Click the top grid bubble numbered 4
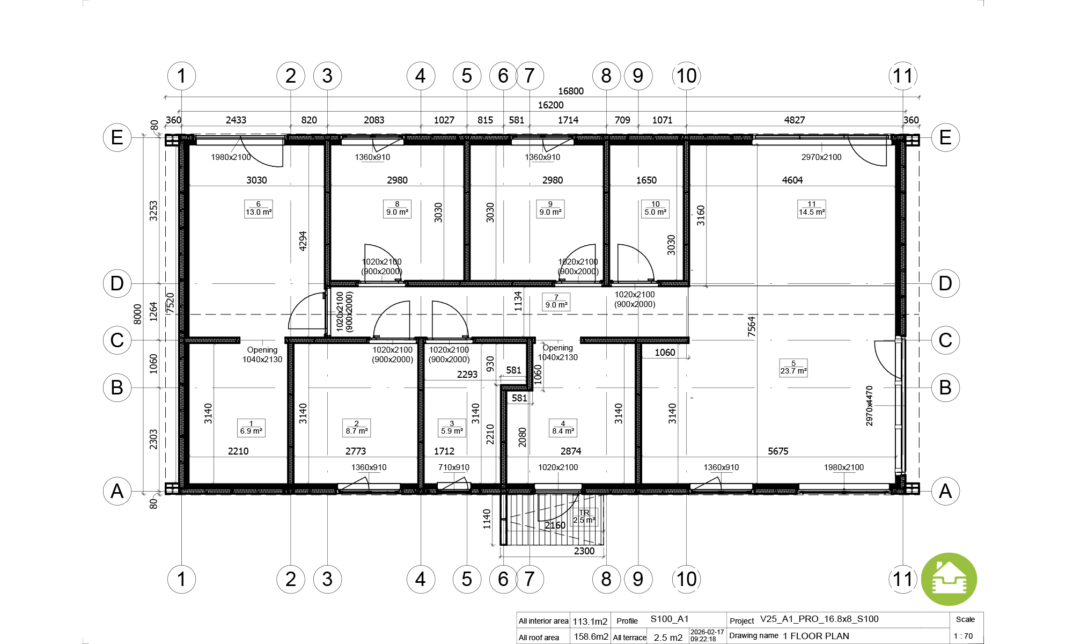[x=421, y=76]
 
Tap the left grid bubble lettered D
[x=117, y=283]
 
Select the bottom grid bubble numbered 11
[x=903, y=579]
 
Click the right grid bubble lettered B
[x=945, y=387]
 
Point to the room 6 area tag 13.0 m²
[x=259, y=208]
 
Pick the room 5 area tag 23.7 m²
[x=793, y=368]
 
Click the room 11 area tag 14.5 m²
[x=812, y=208]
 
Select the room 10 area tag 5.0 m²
[x=656, y=208]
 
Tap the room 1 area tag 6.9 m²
[x=251, y=428]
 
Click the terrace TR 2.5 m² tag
[x=584, y=517]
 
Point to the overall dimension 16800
[x=571, y=91]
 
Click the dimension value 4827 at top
[x=795, y=120]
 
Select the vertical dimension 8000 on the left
[x=137, y=314]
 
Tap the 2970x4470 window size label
[x=869, y=406]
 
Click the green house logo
[x=949, y=580]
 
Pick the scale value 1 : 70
[x=963, y=636]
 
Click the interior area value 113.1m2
[x=590, y=621]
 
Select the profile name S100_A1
[x=670, y=619]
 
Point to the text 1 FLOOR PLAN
[x=816, y=636]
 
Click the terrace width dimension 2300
[x=584, y=551]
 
